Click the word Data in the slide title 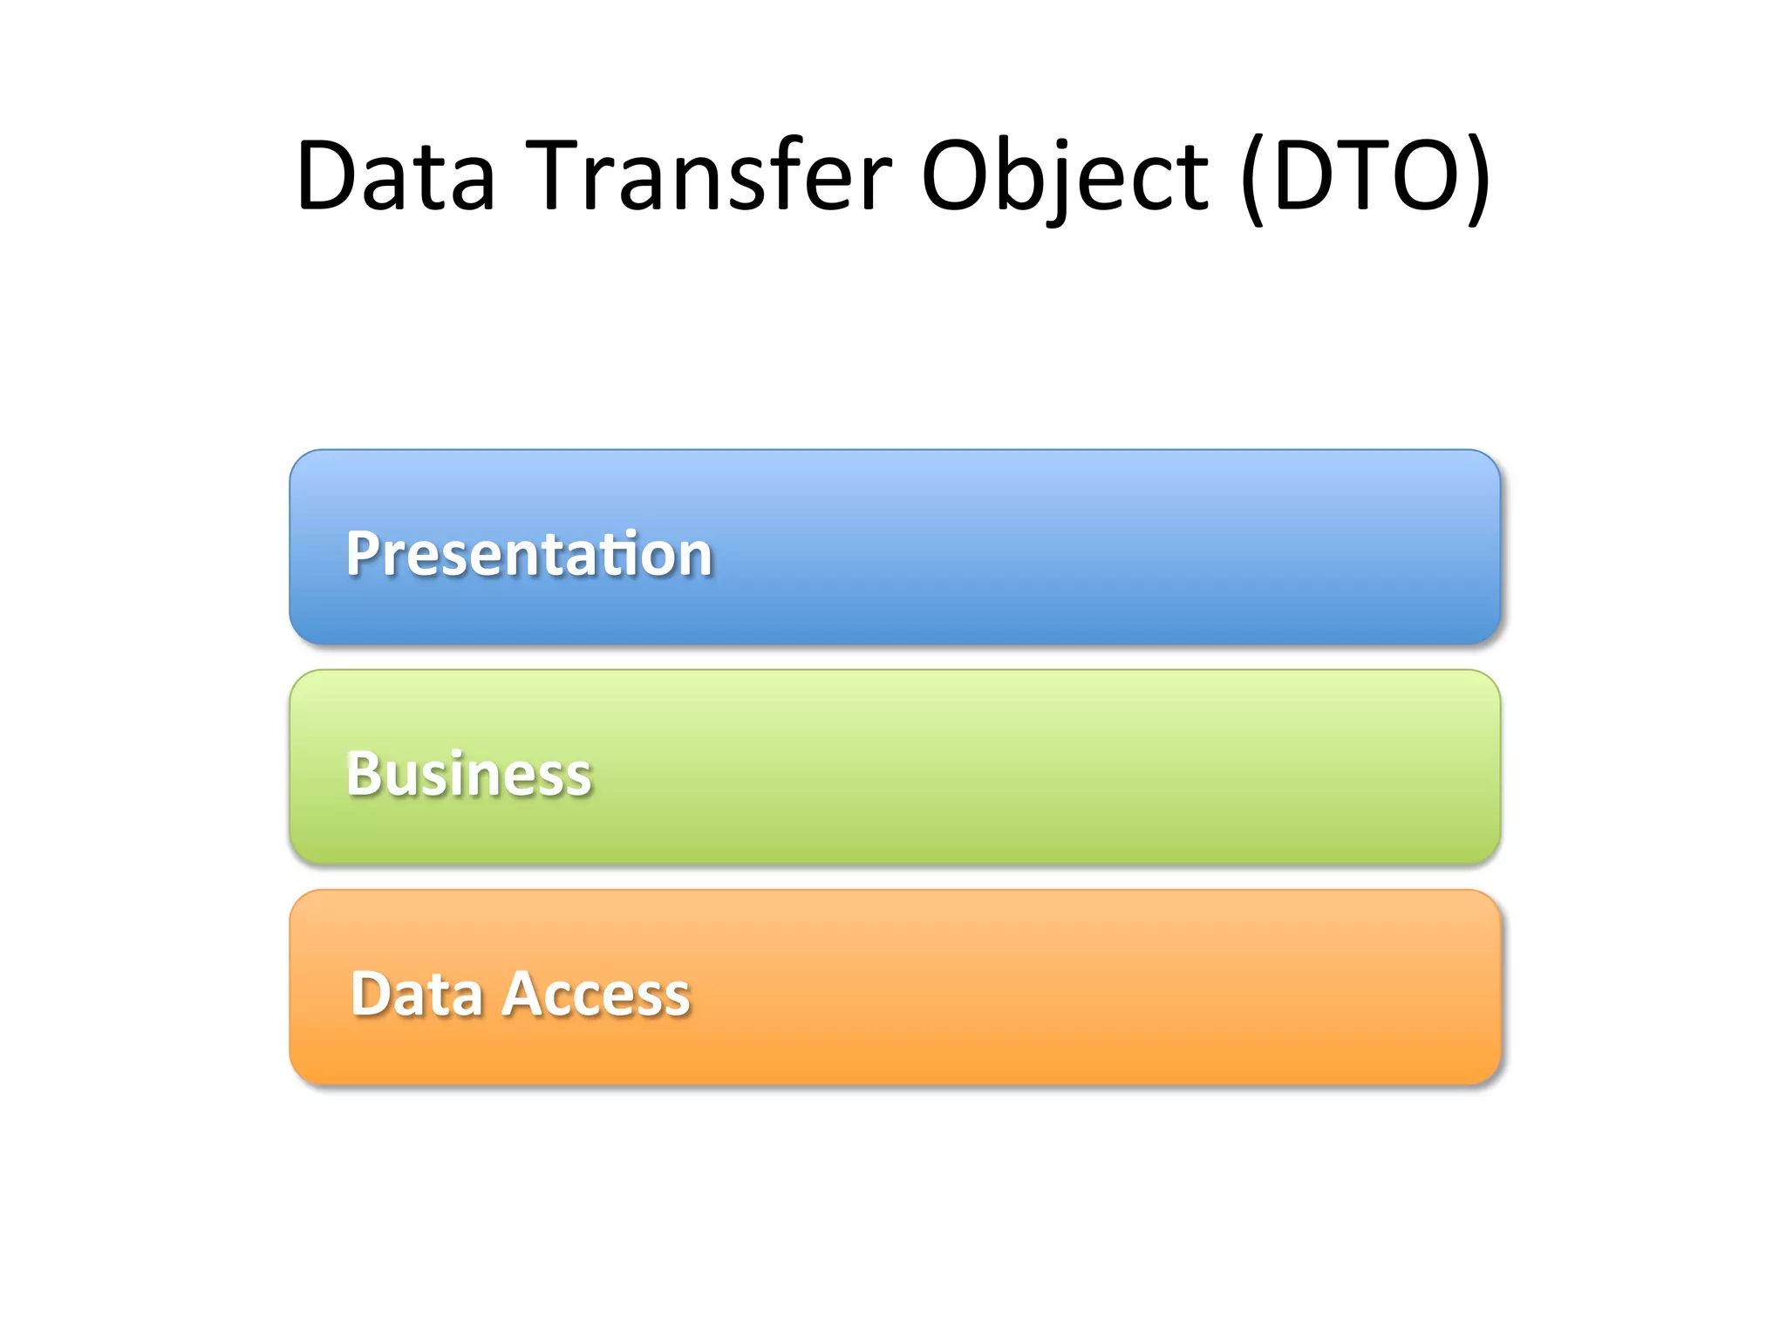(397, 176)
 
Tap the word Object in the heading (1065, 176)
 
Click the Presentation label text (529, 554)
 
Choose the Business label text (469, 774)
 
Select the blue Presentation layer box (1046, 547)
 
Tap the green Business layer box (1046, 768)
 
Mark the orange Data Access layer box (1046, 988)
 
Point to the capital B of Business (363, 774)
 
